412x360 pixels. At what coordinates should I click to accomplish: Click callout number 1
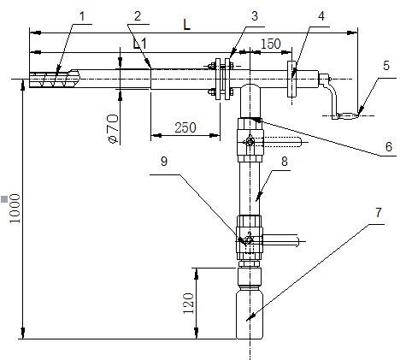click(82, 16)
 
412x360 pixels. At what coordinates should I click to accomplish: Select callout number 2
click(138, 16)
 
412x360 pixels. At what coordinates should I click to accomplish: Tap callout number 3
click(255, 16)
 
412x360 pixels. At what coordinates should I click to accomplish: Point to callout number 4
click(321, 16)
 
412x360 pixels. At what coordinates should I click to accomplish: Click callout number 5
click(386, 66)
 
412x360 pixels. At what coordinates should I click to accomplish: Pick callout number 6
click(389, 147)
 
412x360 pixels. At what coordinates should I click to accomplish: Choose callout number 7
click(378, 213)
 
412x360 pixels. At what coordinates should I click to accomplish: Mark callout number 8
click(285, 162)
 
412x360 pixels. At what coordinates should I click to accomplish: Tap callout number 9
click(164, 162)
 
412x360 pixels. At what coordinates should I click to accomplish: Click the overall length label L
click(186, 25)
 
